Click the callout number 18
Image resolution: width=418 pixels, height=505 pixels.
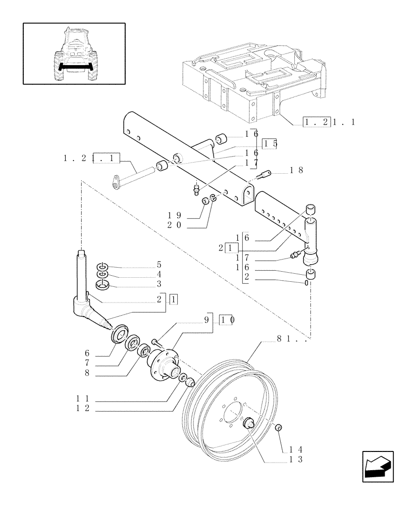coord(296,171)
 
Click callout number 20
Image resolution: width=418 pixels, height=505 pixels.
coord(175,227)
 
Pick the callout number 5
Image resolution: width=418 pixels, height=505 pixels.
coord(159,264)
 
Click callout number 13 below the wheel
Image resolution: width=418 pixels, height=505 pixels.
coord(296,460)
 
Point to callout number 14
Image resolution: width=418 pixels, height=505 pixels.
coord(296,449)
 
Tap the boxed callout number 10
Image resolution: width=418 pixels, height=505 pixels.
coord(226,320)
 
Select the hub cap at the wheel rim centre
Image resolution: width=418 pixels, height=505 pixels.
coord(248,423)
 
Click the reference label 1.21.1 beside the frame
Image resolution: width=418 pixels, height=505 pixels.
coord(329,122)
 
